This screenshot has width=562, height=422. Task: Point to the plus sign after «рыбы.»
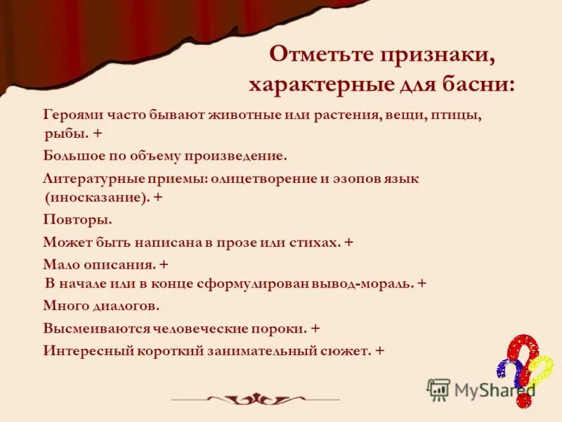tap(96, 133)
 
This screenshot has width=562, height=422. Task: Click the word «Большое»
tap(74, 155)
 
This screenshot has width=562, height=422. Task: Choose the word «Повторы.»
tap(77, 219)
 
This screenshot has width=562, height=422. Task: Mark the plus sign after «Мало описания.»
tap(164, 265)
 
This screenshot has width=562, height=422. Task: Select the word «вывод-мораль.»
tap(365, 284)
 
